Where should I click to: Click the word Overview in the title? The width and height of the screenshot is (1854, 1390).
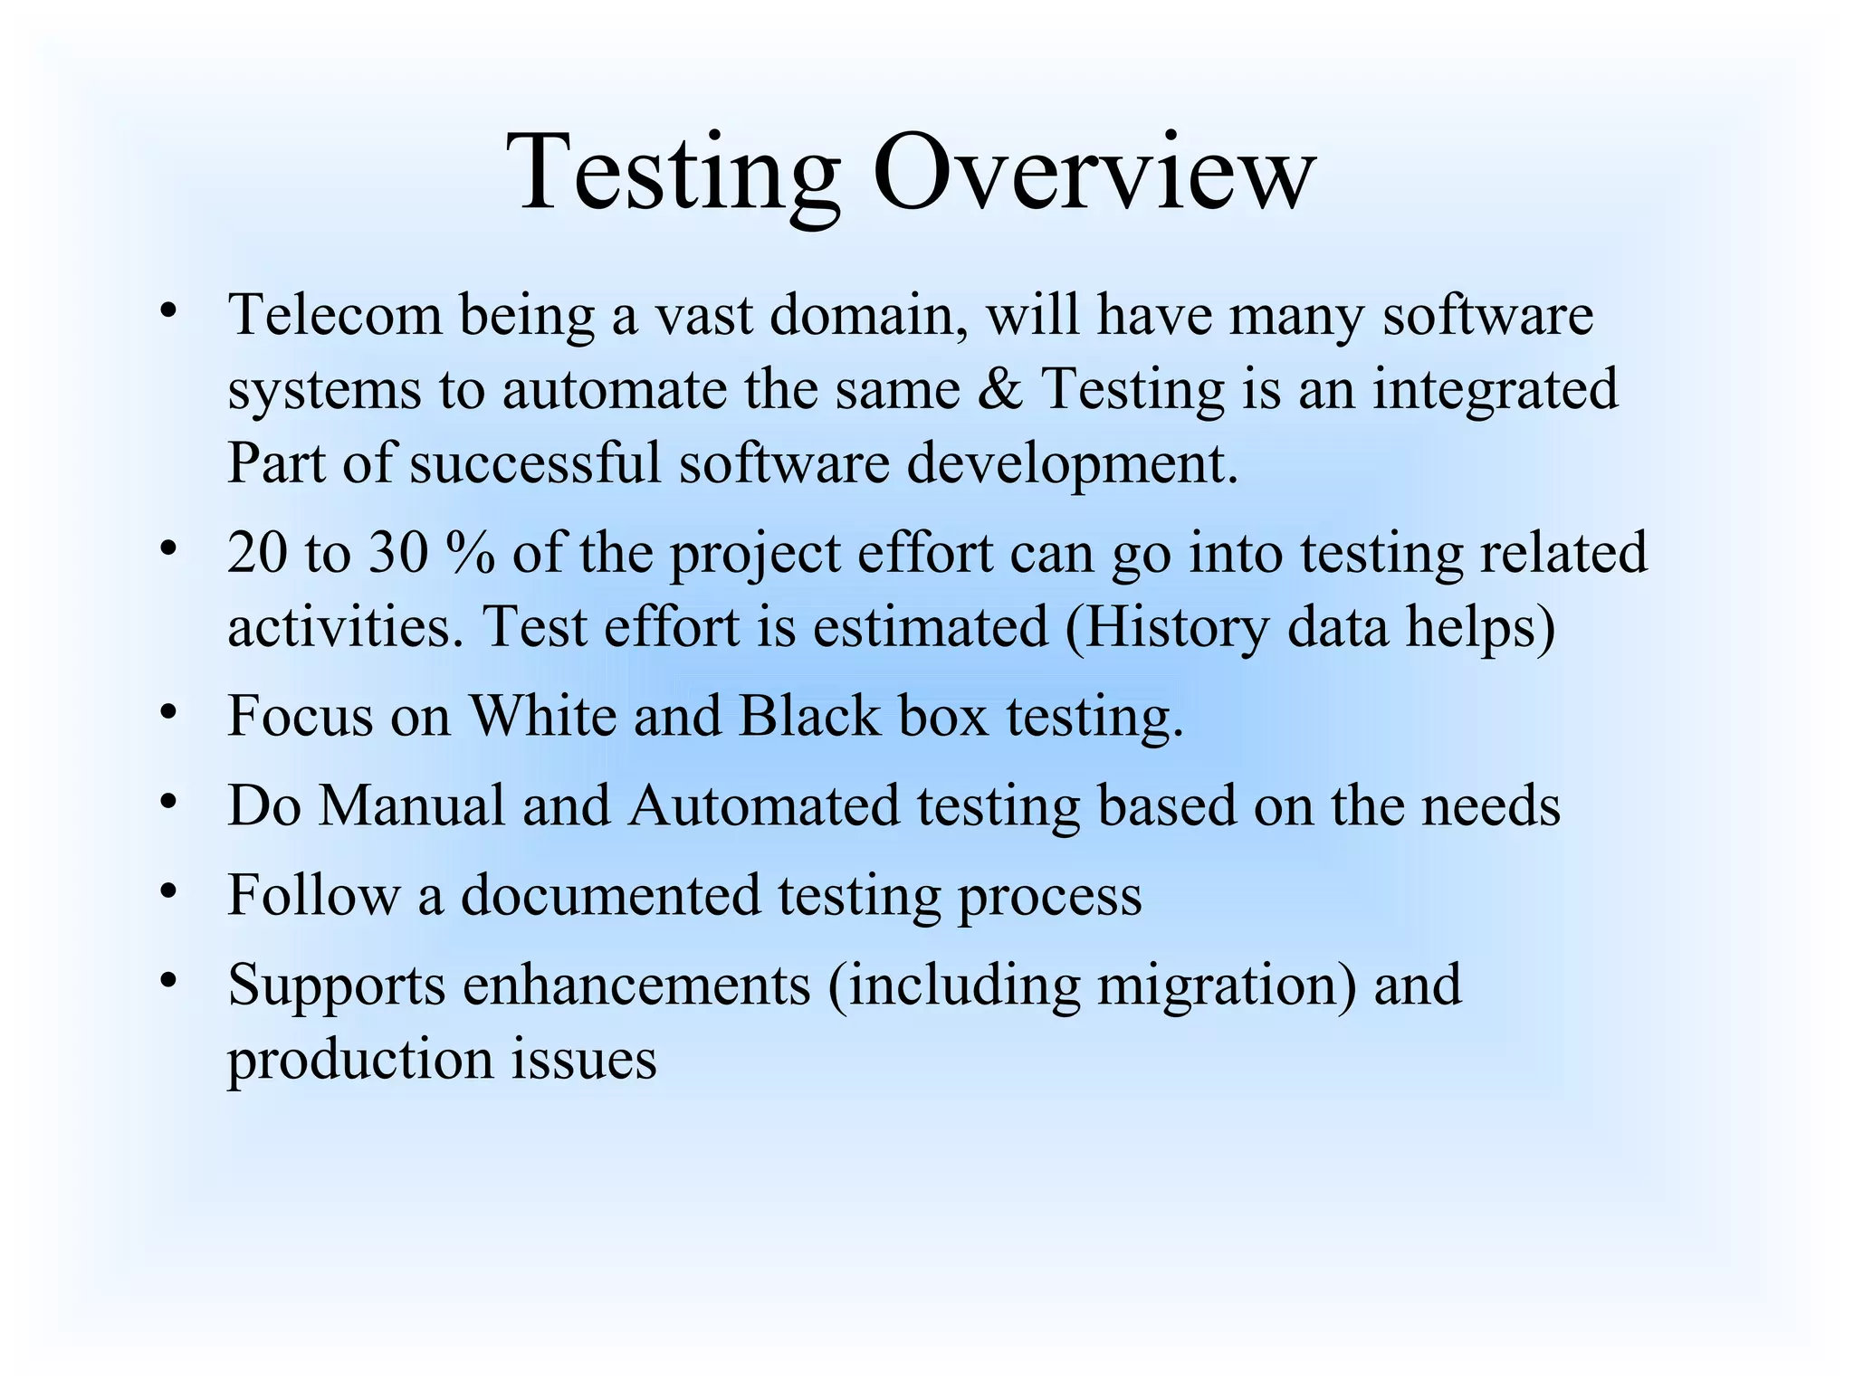click(x=1093, y=172)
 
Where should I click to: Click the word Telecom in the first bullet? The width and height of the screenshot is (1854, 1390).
click(x=335, y=316)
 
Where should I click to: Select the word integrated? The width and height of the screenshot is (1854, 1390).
click(x=1495, y=391)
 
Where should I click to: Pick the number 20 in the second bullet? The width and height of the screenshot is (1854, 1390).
click(x=257, y=554)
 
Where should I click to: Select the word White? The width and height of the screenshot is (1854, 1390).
click(x=542, y=717)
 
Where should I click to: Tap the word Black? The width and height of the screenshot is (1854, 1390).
click(x=809, y=717)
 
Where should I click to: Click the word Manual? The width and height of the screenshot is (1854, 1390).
click(x=411, y=805)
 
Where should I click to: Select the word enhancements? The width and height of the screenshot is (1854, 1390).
click(x=636, y=985)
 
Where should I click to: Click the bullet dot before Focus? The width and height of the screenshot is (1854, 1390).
click(x=167, y=712)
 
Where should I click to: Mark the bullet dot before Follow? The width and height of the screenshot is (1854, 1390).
click(x=167, y=891)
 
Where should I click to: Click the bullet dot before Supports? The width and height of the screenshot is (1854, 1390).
click(x=167, y=980)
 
